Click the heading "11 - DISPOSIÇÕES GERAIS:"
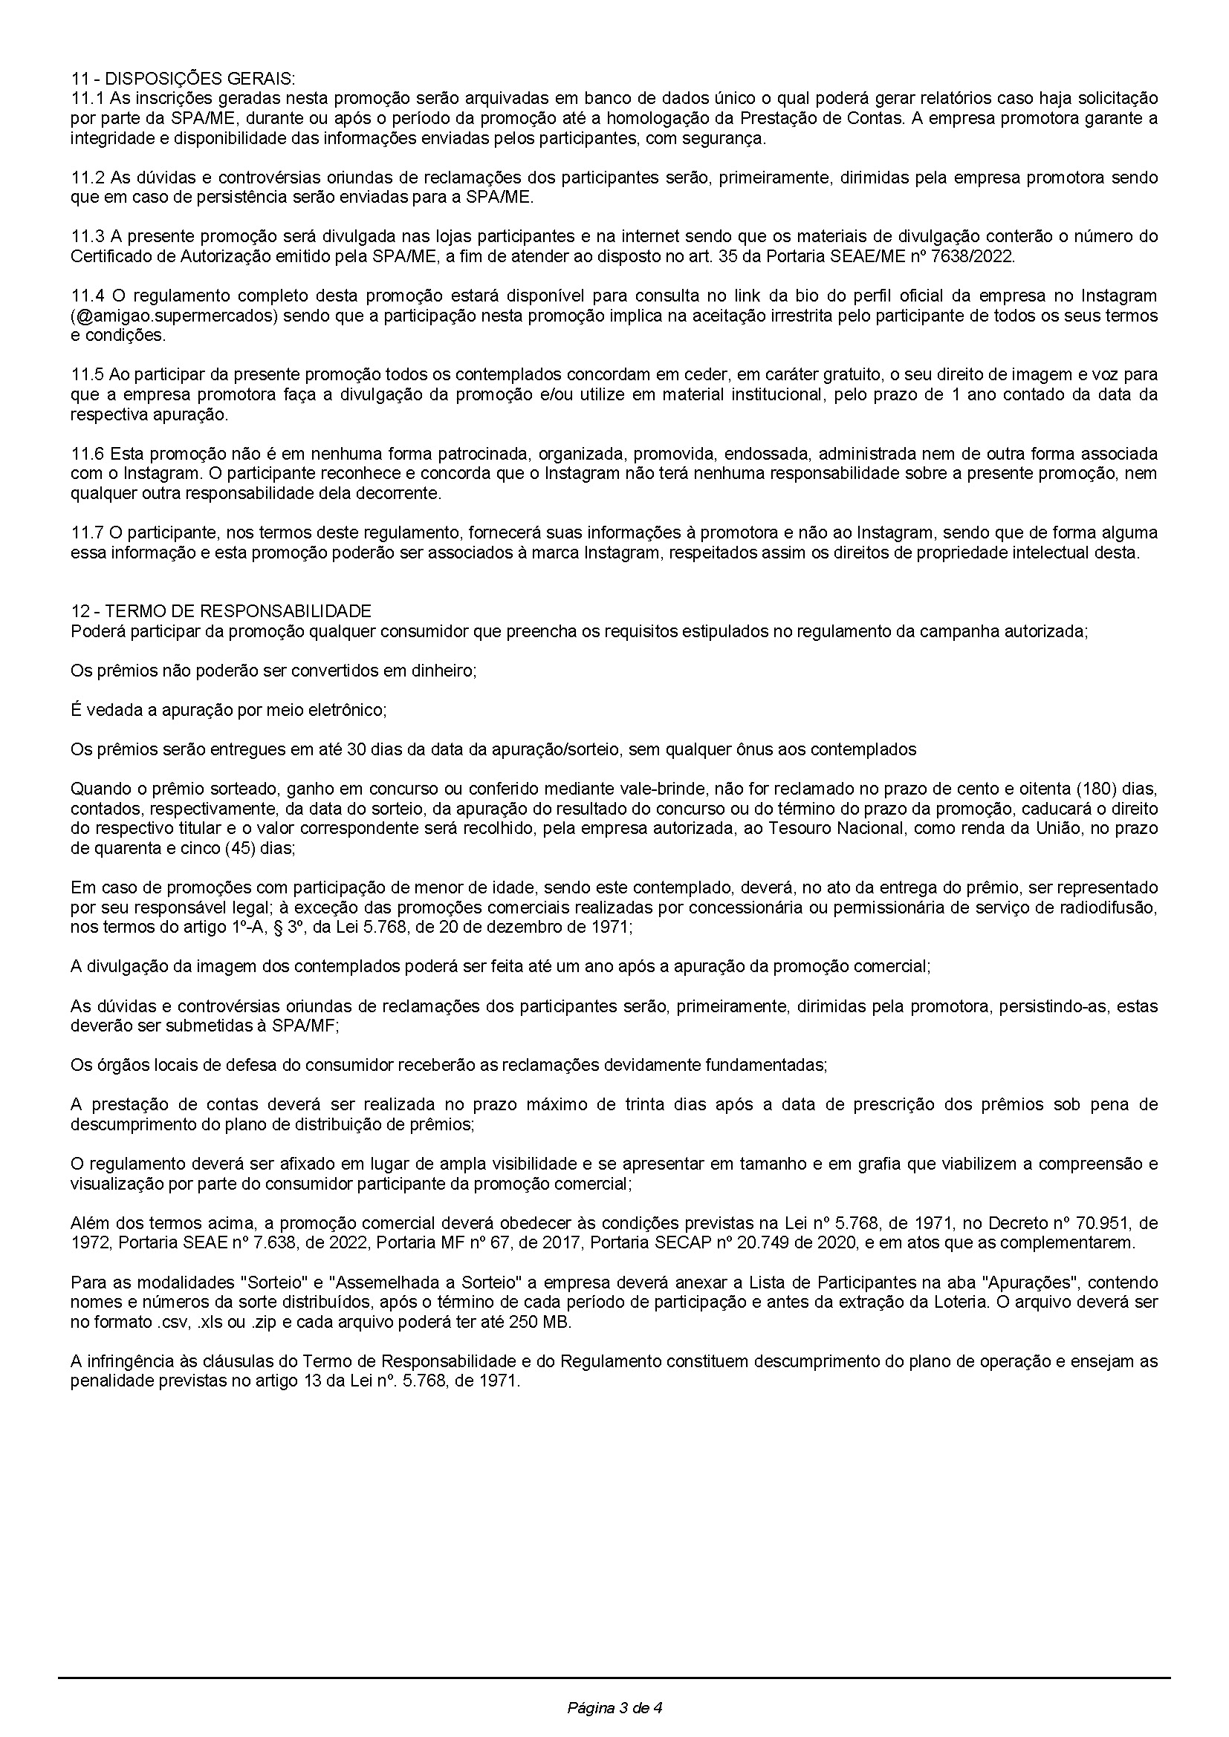click(x=183, y=78)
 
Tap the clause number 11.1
click(x=87, y=98)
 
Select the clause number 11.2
click(x=87, y=177)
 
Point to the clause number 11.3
click(x=87, y=236)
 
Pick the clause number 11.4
click(x=87, y=295)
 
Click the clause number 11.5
click(x=87, y=374)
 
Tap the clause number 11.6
click(x=87, y=454)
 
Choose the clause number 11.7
click(x=87, y=532)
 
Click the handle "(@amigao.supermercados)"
click(x=175, y=316)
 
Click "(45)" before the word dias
click(x=242, y=848)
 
